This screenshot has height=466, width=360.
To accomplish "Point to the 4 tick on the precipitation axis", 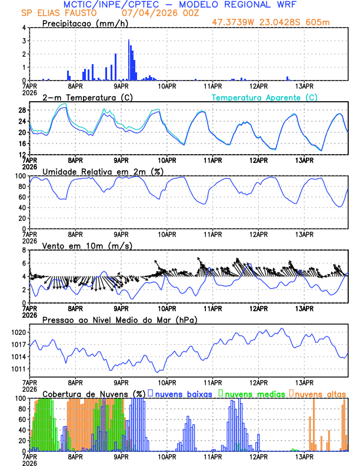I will tap(24, 28).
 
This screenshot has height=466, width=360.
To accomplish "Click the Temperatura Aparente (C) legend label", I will tap(264, 97).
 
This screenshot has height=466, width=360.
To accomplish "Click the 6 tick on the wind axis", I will tap(24, 263).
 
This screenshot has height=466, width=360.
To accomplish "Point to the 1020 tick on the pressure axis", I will tap(18, 332).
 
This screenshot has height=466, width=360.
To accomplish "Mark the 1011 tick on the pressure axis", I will tap(18, 369).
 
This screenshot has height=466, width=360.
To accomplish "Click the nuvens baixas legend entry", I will tap(182, 394).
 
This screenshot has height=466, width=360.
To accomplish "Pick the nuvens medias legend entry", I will tap(253, 394).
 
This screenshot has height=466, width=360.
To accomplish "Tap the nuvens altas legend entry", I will tap(320, 394).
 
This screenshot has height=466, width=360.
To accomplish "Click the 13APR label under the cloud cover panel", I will tap(304, 457).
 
